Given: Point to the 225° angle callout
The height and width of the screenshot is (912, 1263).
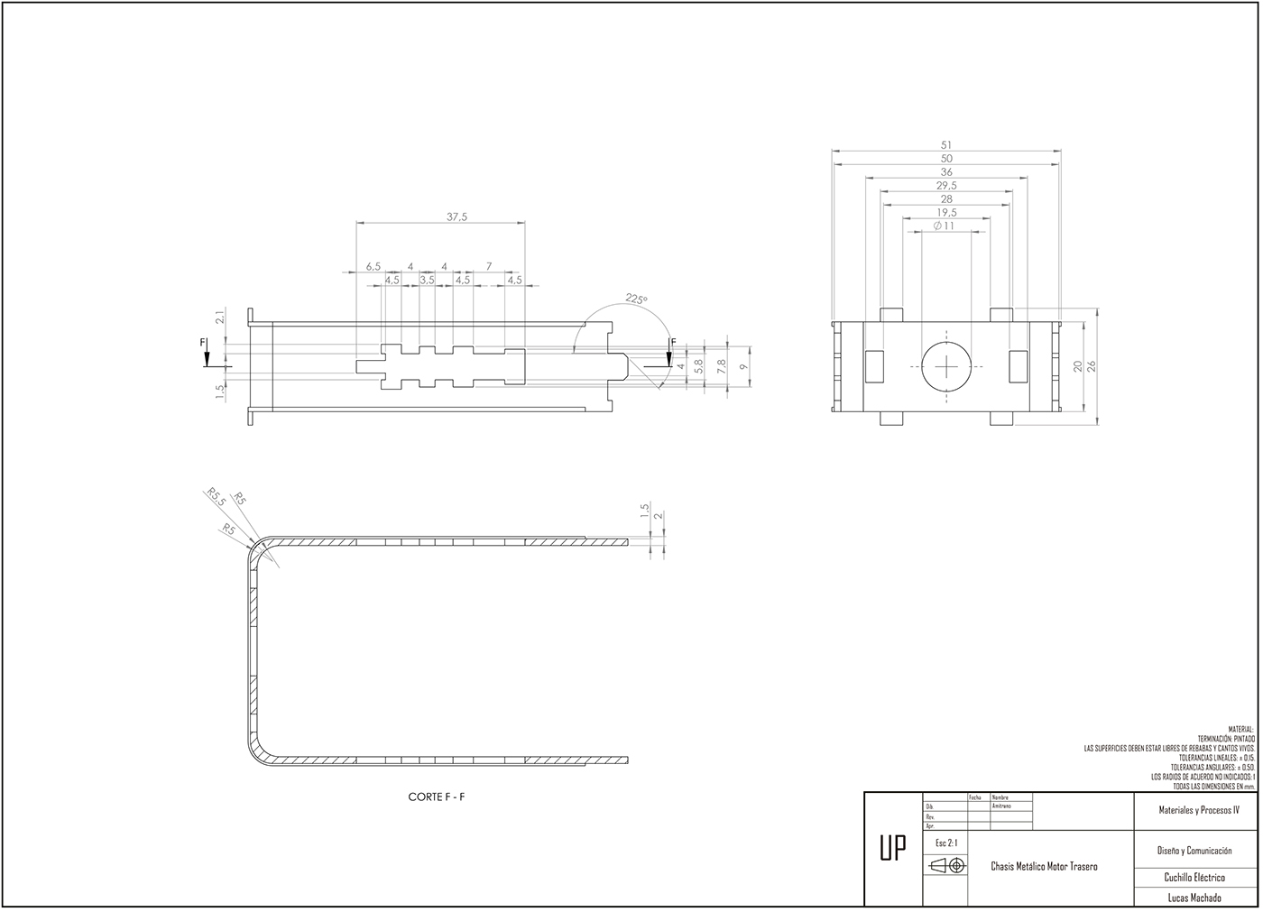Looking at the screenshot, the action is pyautogui.click(x=637, y=299).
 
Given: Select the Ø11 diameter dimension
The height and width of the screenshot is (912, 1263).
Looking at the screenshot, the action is pyautogui.click(x=945, y=226).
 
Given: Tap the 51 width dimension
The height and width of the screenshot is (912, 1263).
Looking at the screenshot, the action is pyautogui.click(x=946, y=144).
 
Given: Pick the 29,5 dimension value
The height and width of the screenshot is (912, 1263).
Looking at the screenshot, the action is pyautogui.click(x=946, y=185).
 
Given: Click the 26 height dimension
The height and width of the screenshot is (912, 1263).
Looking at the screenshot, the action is pyautogui.click(x=1092, y=366).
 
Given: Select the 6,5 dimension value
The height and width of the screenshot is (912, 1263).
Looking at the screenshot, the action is pyautogui.click(x=373, y=266).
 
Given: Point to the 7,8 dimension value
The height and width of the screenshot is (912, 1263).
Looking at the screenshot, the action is pyautogui.click(x=720, y=366).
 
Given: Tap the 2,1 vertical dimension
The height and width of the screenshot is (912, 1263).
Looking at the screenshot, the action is pyautogui.click(x=219, y=317).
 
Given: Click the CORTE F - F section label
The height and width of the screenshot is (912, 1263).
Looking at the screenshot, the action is pyautogui.click(x=437, y=797).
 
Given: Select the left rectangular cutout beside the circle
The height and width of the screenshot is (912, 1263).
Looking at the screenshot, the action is pyautogui.click(x=874, y=365).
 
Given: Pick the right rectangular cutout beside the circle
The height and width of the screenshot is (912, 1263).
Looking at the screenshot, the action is pyautogui.click(x=1017, y=365).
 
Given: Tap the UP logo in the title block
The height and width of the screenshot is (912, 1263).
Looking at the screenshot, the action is pyautogui.click(x=893, y=849).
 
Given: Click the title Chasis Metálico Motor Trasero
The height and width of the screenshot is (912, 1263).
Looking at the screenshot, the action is pyautogui.click(x=1044, y=866).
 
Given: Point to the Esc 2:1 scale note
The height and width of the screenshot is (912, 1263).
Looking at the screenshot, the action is pyautogui.click(x=946, y=843).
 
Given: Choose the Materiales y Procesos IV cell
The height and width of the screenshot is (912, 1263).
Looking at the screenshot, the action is pyautogui.click(x=1199, y=810).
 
